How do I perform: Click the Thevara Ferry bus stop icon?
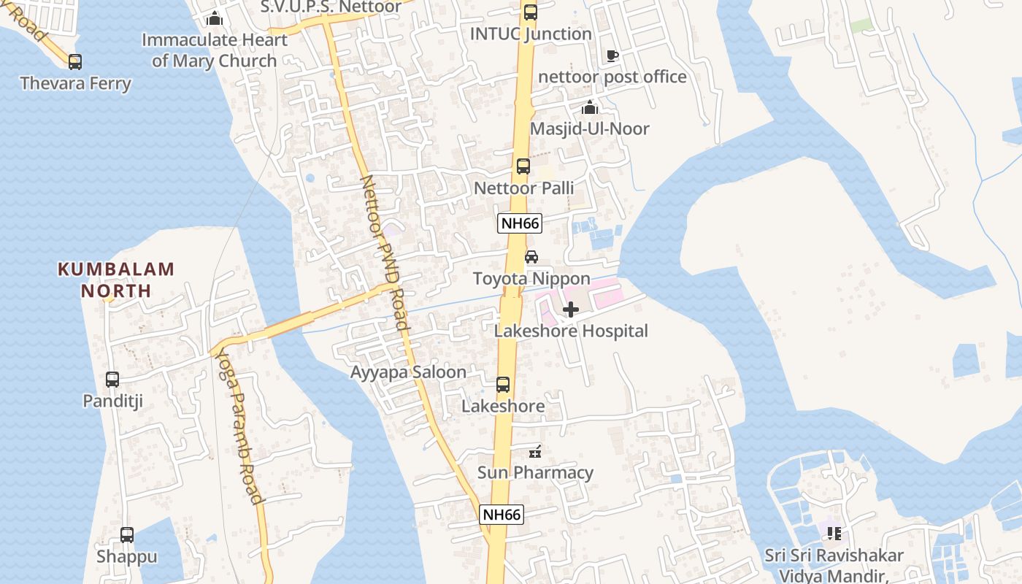(x=74, y=62)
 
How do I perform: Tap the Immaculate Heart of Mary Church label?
(x=215, y=50)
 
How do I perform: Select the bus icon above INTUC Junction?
(x=530, y=12)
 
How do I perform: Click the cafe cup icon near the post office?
(x=612, y=55)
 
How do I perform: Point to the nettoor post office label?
(x=612, y=77)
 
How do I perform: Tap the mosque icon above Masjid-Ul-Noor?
(x=590, y=108)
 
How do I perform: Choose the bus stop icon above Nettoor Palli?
(x=523, y=166)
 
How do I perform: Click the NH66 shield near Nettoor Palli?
(x=520, y=223)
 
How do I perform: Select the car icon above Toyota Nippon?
(x=531, y=257)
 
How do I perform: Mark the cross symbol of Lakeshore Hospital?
(x=571, y=310)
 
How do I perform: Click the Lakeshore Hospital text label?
(x=571, y=331)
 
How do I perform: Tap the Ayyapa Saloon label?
(x=408, y=372)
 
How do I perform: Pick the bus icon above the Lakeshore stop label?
(x=503, y=385)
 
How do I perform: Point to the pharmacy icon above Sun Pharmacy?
(x=535, y=451)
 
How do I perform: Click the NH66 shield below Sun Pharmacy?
(x=502, y=515)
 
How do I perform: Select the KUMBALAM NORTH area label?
(x=116, y=280)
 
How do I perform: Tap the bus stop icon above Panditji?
(x=112, y=380)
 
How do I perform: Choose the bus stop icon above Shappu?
(x=127, y=535)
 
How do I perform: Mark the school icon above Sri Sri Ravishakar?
(x=834, y=534)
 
